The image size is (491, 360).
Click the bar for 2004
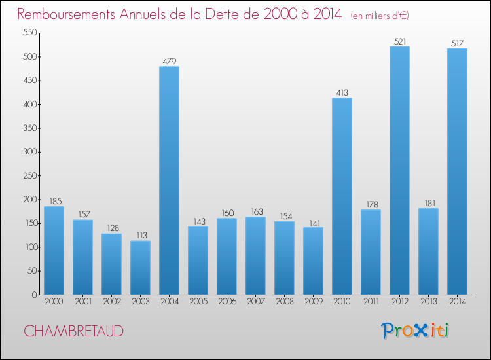pyautogui.click(x=169, y=180)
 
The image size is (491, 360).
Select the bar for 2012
pyautogui.click(x=399, y=170)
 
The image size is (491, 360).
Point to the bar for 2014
pyautogui.click(x=457, y=171)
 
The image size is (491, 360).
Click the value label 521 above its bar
pyautogui.click(x=399, y=41)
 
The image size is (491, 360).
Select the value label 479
pyautogui.click(x=169, y=62)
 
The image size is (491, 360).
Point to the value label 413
pyautogui.click(x=342, y=93)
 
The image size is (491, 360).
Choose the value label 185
pyautogui.click(x=54, y=202)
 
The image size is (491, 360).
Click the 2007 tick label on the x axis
pyautogui.click(x=255, y=301)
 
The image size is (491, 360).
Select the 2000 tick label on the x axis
pyautogui.click(x=54, y=301)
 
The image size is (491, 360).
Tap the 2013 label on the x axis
pyautogui.click(x=428, y=301)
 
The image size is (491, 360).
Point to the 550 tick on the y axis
pyautogui.click(x=29, y=33)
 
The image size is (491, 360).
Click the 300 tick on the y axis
pyautogui.click(x=29, y=152)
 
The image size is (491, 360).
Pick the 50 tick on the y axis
pyautogui.click(x=31, y=271)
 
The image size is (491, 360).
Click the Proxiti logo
pyautogui.click(x=415, y=331)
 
